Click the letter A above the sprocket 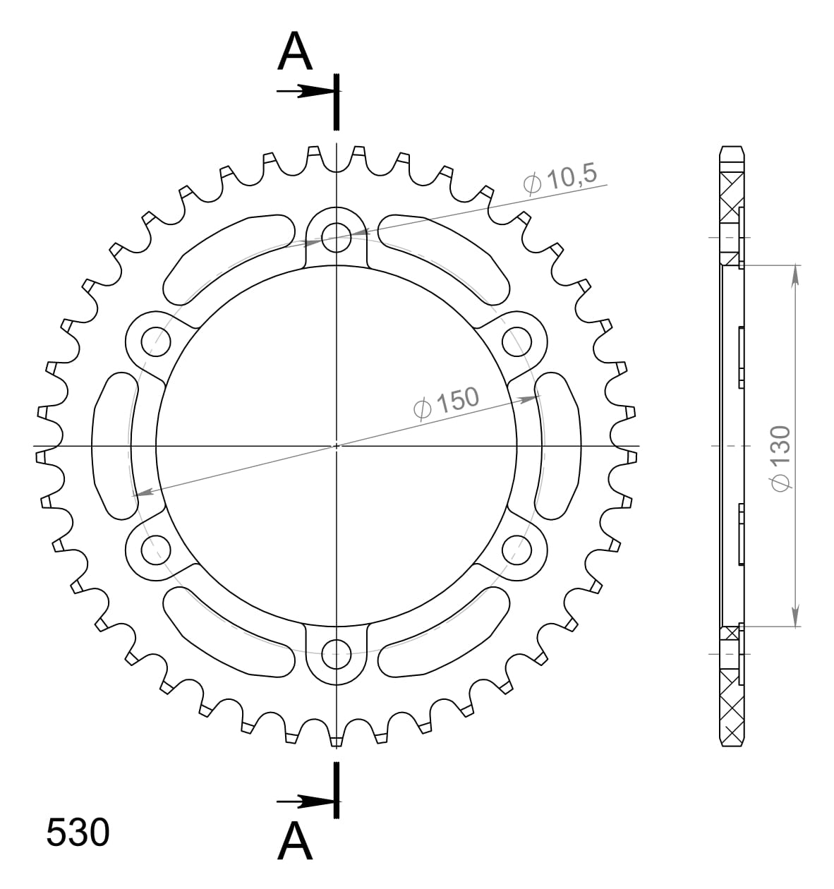[x=295, y=52]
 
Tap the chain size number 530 [x=78, y=833]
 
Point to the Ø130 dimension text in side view [x=782, y=457]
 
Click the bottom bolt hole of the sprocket [x=337, y=655]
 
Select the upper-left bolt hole [x=156, y=341]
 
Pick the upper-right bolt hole [x=517, y=341]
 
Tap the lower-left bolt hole [x=156, y=549]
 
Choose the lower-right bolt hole [x=517, y=549]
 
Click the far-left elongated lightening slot [x=113, y=445]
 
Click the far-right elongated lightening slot [x=560, y=445]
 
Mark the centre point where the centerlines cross [x=337, y=445]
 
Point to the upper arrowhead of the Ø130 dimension [x=795, y=275]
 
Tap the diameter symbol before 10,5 [x=533, y=183]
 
